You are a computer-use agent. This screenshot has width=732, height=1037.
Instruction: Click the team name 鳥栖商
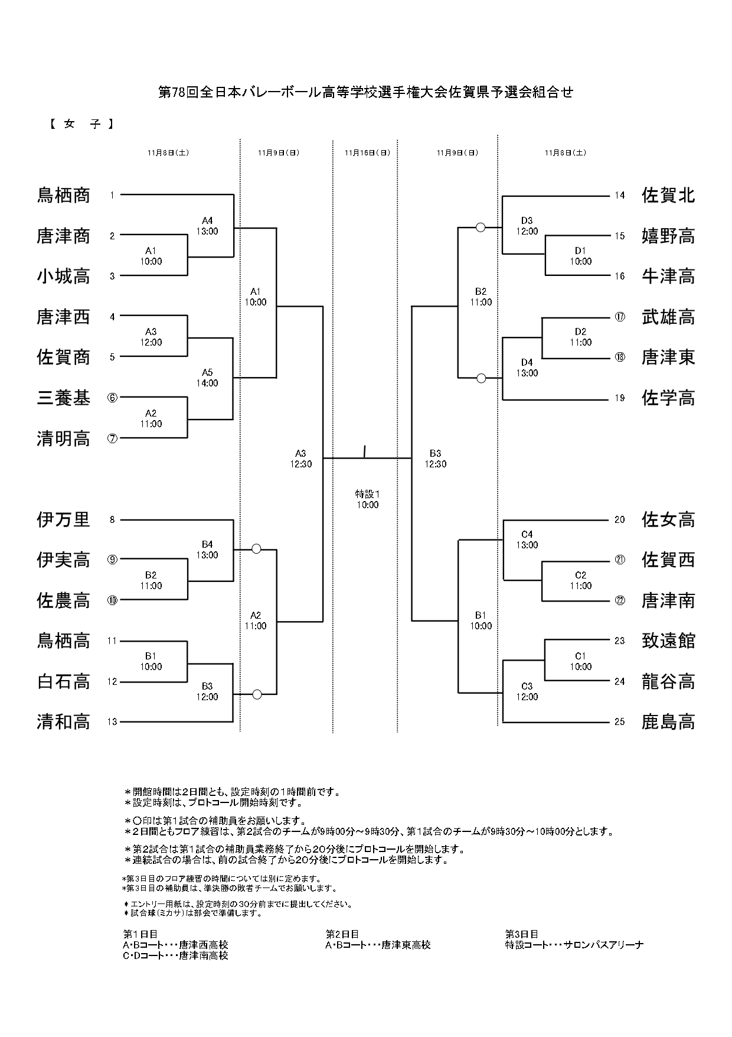tap(64, 196)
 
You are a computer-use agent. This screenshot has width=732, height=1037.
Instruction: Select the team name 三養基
tap(64, 398)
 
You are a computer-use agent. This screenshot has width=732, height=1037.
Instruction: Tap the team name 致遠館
tap(668, 641)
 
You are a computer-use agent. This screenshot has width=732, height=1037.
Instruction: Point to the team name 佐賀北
tap(668, 196)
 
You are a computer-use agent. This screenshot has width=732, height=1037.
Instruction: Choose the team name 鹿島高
tap(668, 722)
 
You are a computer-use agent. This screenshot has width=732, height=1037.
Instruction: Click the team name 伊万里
tap(64, 520)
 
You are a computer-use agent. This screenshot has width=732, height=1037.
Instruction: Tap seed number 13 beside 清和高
tap(112, 722)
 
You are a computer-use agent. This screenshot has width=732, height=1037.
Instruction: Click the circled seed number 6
tap(112, 398)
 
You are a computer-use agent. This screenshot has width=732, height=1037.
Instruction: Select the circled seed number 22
tap(619, 601)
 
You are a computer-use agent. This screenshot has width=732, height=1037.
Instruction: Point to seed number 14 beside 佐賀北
tap(619, 196)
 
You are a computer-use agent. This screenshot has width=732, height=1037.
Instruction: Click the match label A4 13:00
tap(207, 226)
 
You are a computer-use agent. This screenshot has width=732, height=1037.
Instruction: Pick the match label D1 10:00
tap(580, 256)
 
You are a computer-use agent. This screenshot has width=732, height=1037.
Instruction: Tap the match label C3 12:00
tap(527, 691)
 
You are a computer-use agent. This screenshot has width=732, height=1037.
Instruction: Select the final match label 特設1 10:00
tap(367, 499)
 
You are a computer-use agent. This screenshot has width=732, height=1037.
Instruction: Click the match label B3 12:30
tap(435, 459)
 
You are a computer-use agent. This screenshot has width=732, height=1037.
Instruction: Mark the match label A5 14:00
tap(207, 378)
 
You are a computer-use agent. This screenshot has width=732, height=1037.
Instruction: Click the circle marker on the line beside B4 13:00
tap(256, 549)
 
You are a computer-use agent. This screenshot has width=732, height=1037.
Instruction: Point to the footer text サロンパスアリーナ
tap(603, 944)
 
